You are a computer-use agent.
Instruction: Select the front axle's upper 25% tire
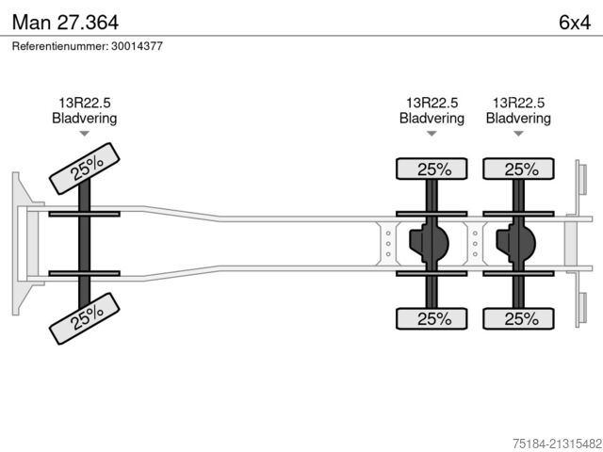[x=86, y=169]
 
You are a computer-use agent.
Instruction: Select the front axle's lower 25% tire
[x=86, y=318]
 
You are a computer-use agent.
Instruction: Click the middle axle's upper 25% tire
[x=432, y=169]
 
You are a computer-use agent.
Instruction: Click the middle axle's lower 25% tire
[x=432, y=318]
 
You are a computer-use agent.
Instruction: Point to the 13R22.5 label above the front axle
[x=84, y=104]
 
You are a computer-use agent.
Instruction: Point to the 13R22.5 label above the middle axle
[x=432, y=104]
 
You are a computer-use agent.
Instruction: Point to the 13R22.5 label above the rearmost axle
[x=518, y=104]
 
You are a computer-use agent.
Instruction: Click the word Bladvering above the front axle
[x=84, y=119]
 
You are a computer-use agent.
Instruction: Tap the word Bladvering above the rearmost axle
[x=518, y=119]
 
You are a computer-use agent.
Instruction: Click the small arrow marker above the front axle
[x=84, y=134]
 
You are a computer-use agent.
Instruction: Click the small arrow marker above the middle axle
[x=432, y=134]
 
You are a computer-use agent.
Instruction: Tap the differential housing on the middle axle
[x=428, y=244]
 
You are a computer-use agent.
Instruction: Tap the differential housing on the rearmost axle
[x=514, y=244]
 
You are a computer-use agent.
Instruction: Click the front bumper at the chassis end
[x=20, y=243]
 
